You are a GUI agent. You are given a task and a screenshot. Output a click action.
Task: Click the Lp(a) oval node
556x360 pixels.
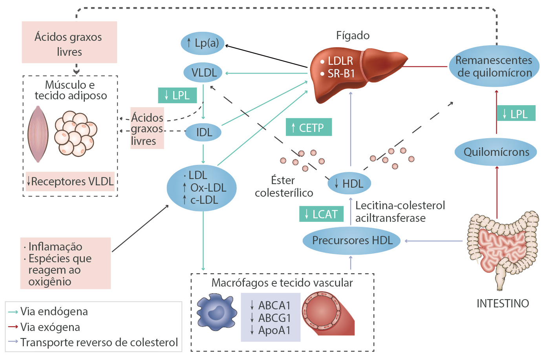[202, 43]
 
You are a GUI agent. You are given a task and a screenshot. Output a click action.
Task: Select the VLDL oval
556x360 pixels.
[203, 73]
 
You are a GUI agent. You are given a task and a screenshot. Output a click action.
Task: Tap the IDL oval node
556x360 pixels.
[203, 132]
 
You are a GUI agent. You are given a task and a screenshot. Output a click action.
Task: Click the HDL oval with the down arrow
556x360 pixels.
[349, 183]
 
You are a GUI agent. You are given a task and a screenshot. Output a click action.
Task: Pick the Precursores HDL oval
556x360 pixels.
[351, 240]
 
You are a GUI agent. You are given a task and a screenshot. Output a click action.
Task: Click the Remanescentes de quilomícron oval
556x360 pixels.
[494, 66]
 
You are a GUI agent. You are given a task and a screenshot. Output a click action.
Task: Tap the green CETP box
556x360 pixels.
[309, 127]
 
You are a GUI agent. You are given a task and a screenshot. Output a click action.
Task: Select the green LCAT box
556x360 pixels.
[321, 214]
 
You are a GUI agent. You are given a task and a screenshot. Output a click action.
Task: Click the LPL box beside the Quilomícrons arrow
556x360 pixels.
[516, 113]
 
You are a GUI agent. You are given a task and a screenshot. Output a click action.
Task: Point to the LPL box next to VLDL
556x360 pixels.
[177, 95]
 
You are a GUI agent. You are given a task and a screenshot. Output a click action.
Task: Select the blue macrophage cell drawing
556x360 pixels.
[216, 312]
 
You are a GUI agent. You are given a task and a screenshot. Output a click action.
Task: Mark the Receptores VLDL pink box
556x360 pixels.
[70, 181]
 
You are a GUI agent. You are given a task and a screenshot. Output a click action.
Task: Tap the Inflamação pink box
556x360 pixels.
[65, 263]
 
